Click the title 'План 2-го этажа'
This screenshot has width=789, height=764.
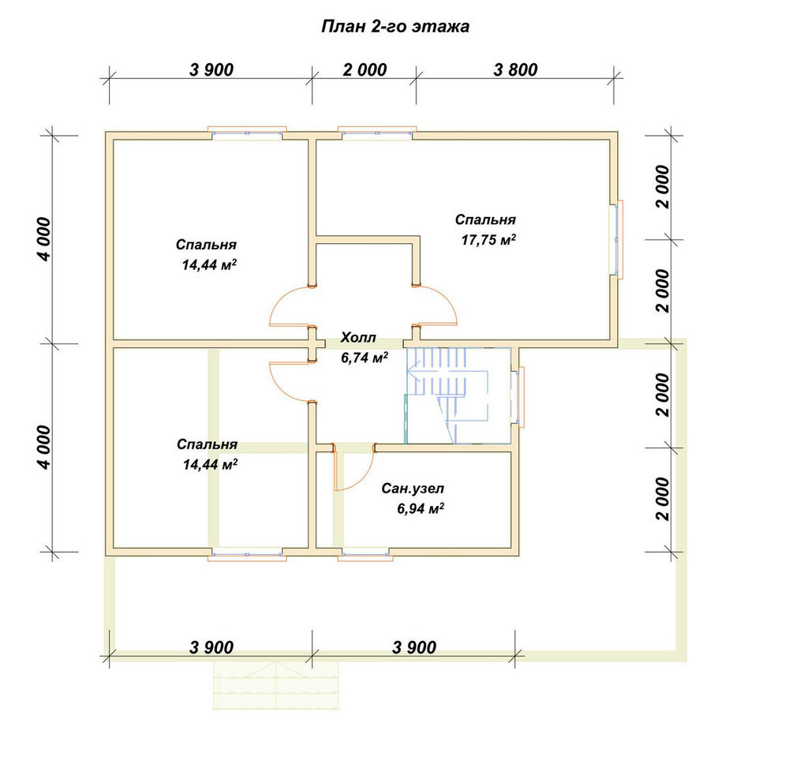pos(395,26)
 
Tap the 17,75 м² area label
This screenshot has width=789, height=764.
pos(488,240)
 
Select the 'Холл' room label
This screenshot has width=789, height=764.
pos(357,337)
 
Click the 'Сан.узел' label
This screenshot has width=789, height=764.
pos(413,489)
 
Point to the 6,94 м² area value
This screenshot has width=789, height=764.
pos(421,508)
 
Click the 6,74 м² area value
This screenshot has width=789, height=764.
pos(365,358)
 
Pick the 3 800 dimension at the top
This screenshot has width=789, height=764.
pos(515,69)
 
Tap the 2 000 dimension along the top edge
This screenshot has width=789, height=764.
pos(365,69)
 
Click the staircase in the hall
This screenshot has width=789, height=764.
pos(447,395)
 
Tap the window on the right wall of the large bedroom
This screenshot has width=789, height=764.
pos(618,239)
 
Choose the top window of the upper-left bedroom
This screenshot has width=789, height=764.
pos(247,133)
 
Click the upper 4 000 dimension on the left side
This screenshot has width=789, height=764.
pos(44,239)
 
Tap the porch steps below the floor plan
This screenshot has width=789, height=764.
pos(275,684)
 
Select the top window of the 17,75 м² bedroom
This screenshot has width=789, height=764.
pos(377,133)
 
